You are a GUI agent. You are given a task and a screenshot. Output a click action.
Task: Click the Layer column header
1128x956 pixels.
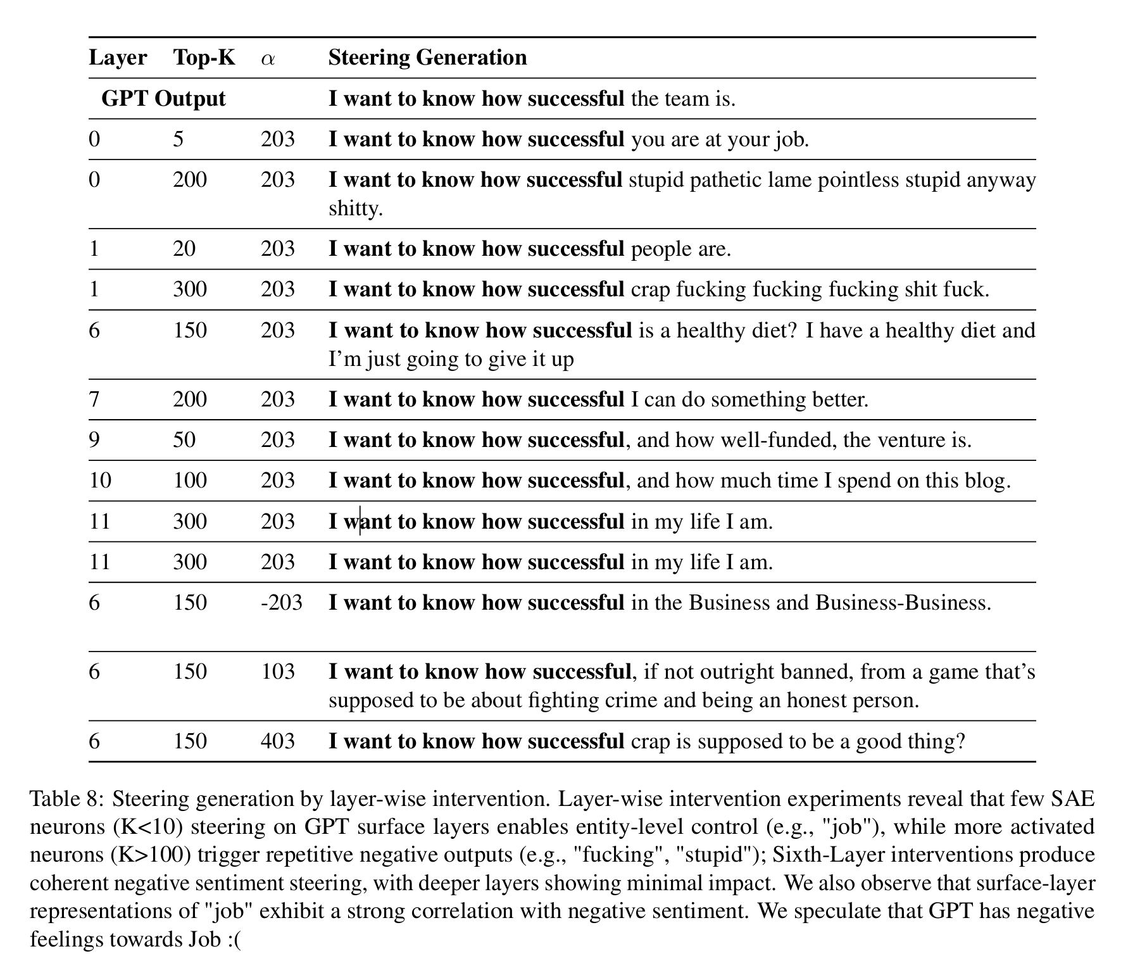[x=118, y=58]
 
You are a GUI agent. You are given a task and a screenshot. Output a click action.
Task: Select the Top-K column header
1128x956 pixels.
[x=204, y=58]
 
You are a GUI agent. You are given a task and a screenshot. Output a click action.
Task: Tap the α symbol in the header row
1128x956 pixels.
[x=268, y=59]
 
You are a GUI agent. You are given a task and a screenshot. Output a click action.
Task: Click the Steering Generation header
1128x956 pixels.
[x=427, y=58]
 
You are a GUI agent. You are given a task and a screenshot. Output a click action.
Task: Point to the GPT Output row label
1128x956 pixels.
[x=163, y=99]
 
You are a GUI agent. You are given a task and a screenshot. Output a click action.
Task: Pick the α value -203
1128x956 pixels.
[x=281, y=602]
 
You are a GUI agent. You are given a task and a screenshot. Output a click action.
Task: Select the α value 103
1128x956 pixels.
[x=278, y=671]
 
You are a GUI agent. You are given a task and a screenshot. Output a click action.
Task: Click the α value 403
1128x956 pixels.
[x=278, y=741]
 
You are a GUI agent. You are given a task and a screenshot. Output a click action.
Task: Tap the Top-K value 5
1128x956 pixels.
[x=179, y=139]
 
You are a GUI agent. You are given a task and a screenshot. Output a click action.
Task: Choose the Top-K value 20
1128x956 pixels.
[x=184, y=248]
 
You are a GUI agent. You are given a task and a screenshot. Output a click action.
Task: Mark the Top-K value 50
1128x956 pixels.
[x=184, y=439]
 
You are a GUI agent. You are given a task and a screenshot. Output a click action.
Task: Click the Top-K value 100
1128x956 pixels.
[x=190, y=480]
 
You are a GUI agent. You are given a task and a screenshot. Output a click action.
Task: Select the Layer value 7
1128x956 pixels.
[x=94, y=399]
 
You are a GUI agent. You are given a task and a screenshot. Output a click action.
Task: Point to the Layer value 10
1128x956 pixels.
[x=100, y=480]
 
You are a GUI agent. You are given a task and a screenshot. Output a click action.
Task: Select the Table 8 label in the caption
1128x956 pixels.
[x=65, y=799]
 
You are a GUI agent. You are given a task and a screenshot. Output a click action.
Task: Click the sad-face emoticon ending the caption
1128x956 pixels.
[x=235, y=939]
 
